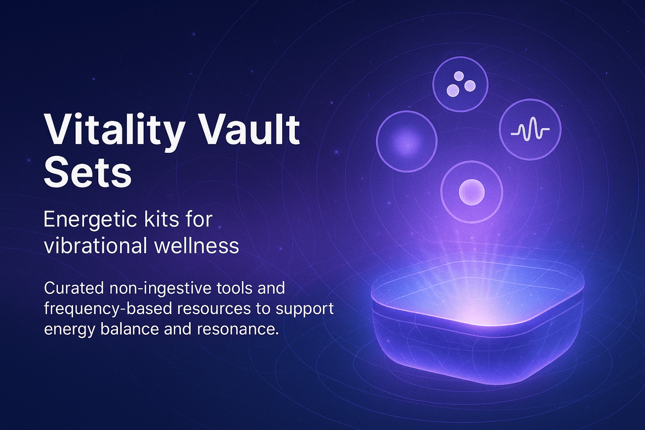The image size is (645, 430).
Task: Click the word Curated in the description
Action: click(x=75, y=288)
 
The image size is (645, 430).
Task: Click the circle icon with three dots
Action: click(x=461, y=84)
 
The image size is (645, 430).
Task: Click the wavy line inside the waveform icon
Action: click(x=530, y=132)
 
